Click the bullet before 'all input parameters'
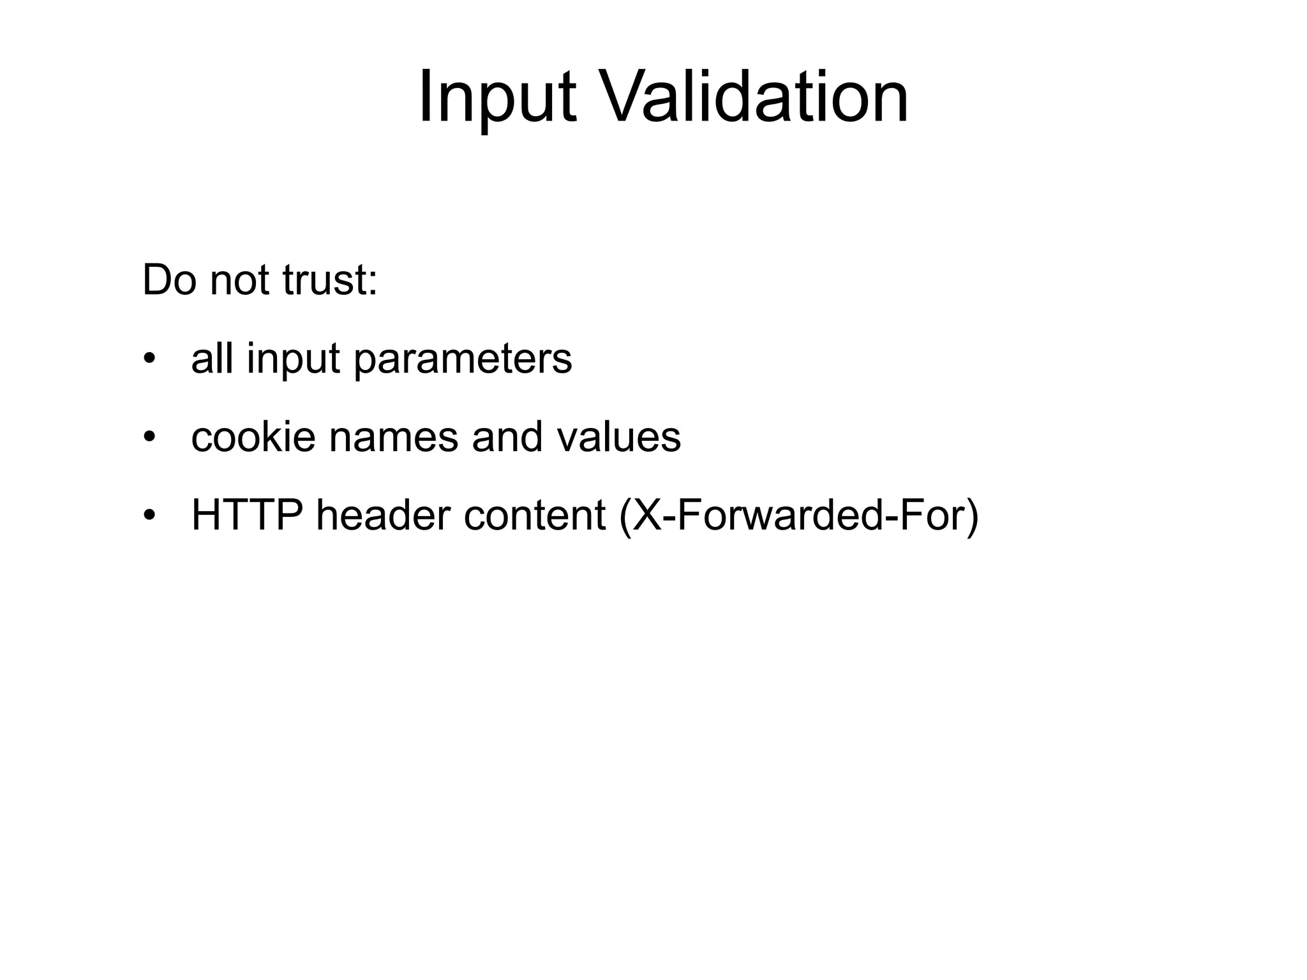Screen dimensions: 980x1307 pos(149,359)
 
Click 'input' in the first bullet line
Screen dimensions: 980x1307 pos(294,360)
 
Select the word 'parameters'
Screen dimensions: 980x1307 pos(463,360)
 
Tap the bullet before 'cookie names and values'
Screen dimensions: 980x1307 pos(149,438)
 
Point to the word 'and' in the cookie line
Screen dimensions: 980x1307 pos(507,437)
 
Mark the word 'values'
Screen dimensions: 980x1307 pos(618,438)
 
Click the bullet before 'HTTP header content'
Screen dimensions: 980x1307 pos(149,516)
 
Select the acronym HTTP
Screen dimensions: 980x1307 pos(247,516)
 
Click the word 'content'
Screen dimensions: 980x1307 pos(535,516)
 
